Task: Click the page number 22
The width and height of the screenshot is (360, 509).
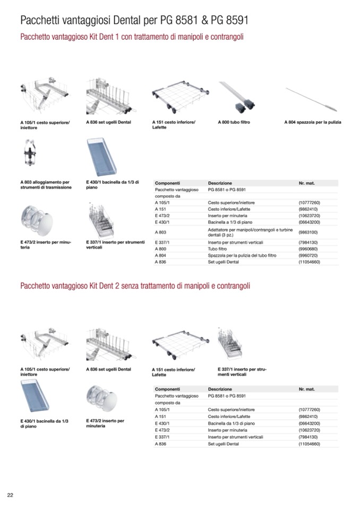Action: coord(10,495)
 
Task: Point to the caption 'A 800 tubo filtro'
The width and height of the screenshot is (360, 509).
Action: coord(234,122)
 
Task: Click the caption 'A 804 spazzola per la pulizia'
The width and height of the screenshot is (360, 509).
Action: coord(313,122)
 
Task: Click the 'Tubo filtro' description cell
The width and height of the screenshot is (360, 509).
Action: coord(219,248)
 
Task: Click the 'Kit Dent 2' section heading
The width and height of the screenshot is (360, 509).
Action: coord(135,286)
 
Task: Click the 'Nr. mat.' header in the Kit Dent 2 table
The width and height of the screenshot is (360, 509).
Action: coord(306,389)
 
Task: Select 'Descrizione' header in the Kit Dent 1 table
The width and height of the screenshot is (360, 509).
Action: coord(220,183)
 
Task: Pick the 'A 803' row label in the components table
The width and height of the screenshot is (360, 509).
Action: coord(160,232)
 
